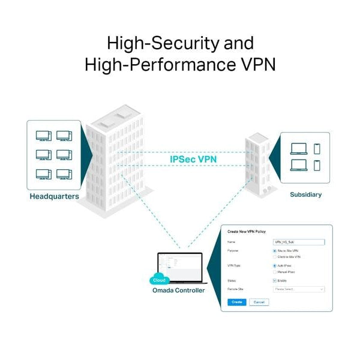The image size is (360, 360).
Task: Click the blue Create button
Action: point(237,302)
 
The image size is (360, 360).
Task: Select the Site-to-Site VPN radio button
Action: point(274,250)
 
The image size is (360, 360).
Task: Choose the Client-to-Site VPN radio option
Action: point(274,257)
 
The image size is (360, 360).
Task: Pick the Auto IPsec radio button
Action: point(274,265)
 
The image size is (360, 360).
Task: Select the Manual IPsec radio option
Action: point(274,272)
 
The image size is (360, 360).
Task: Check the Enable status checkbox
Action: point(274,280)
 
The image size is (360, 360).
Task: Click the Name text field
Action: point(298,242)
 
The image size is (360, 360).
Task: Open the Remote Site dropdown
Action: point(298,289)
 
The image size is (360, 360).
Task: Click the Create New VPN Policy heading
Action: point(247,232)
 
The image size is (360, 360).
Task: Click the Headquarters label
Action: point(54,196)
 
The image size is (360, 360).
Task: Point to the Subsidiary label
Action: point(305,194)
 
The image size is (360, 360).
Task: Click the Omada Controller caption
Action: point(178,290)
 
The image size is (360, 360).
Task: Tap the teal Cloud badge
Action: point(159,280)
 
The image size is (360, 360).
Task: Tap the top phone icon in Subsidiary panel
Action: point(317,149)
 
